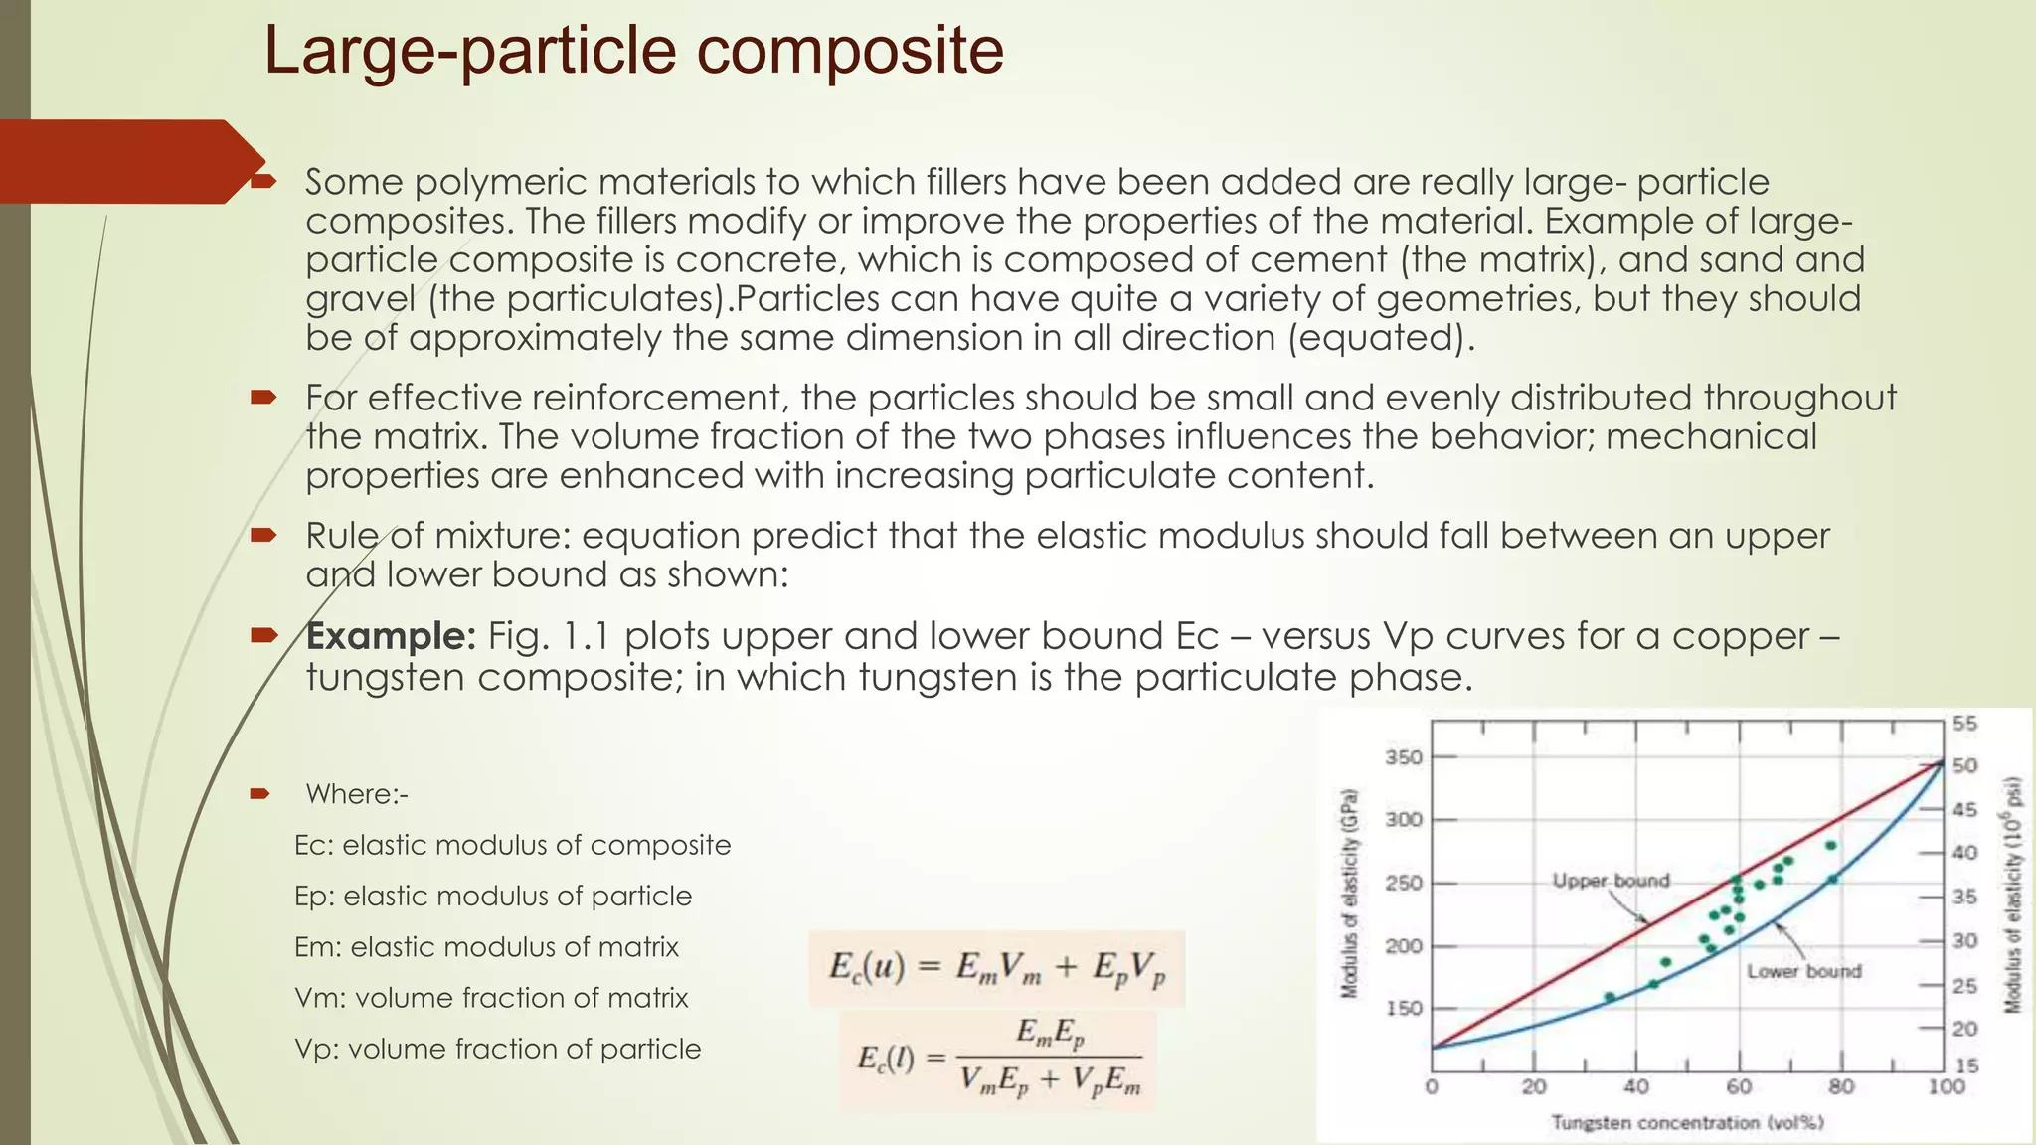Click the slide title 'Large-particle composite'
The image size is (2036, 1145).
633,52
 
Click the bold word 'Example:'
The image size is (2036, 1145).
392,636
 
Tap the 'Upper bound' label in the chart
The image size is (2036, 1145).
1611,881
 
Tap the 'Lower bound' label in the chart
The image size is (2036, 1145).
1803,971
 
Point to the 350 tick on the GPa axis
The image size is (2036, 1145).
1404,757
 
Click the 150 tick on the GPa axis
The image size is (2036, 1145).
1404,1009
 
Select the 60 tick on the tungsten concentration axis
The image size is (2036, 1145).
1739,1087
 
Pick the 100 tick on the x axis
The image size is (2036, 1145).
1946,1087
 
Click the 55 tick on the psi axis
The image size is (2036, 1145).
1964,724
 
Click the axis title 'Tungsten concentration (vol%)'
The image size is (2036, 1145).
1687,1123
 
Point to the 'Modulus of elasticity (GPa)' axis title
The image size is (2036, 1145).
1348,893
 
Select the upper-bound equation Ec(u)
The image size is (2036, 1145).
996,967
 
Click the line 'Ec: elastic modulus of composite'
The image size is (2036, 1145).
512,845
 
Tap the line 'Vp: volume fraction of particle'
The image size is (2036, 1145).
497,1049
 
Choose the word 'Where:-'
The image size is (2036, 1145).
356,794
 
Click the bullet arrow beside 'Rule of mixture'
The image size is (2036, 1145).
262,536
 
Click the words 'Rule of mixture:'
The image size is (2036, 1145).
437,536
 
